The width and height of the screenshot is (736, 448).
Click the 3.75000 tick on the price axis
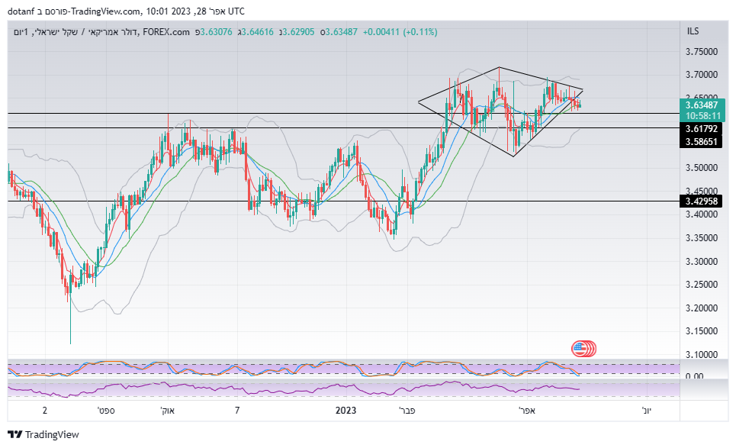pyautogui.click(x=702, y=51)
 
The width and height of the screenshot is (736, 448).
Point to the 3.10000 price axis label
pyautogui.click(x=702, y=355)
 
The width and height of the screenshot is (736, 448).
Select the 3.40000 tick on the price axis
pyautogui.click(x=702, y=214)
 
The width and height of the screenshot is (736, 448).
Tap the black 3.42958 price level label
pyautogui.click(x=701, y=201)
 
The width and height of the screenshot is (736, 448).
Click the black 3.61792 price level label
pyautogui.click(x=701, y=128)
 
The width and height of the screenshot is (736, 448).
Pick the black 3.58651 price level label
pyautogui.click(x=701, y=142)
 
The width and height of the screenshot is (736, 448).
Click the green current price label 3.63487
pyautogui.click(x=701, y=105)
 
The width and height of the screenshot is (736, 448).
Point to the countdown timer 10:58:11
pyautogui.click(x=701, y=116)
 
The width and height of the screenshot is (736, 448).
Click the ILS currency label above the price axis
pyautogui.click(x=693, y=31)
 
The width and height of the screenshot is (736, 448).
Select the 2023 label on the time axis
pyautogui.click(x=346, y=411)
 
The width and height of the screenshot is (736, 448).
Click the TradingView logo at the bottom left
pyautogui.click(x=45, y=434)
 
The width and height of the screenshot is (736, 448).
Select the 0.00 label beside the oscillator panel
pyautogui.click(x=693, y=376)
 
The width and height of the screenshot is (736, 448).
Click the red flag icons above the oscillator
pyautogui.click(x=583, y=349)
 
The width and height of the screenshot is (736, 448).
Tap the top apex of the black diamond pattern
pyautogui.click(x=499, y=67)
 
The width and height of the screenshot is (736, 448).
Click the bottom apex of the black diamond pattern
pyautogui.click(x=514, y=156)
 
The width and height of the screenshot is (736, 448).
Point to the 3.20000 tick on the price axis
pyautogui.click(x=702, y=308)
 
